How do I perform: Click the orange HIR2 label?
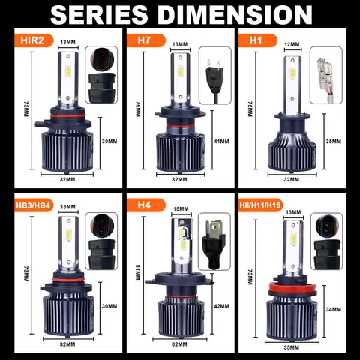[32, 40]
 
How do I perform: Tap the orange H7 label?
[144, 40]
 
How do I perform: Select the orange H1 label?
[256, 40]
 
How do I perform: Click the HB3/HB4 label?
[33, 205]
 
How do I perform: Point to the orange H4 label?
[144, 205]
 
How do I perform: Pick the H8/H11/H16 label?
[260, 205]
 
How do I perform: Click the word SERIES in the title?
[99, 14]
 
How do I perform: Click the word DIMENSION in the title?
[235, 14]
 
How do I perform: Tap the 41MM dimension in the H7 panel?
[221, 142]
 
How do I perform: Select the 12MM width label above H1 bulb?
[292, 44]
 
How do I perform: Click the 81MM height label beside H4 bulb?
[137, 272]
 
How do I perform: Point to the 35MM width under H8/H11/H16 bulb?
[292, 347]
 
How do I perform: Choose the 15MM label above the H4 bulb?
[181, 209]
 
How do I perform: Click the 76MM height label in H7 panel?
[138, 109]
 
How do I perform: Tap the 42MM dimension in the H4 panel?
[221, 306]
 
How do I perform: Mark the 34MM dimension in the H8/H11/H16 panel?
[334, 310]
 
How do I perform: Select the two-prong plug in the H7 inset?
[214, 77]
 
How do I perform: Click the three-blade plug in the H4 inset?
[213, 244]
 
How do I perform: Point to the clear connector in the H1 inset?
[326, 75]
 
